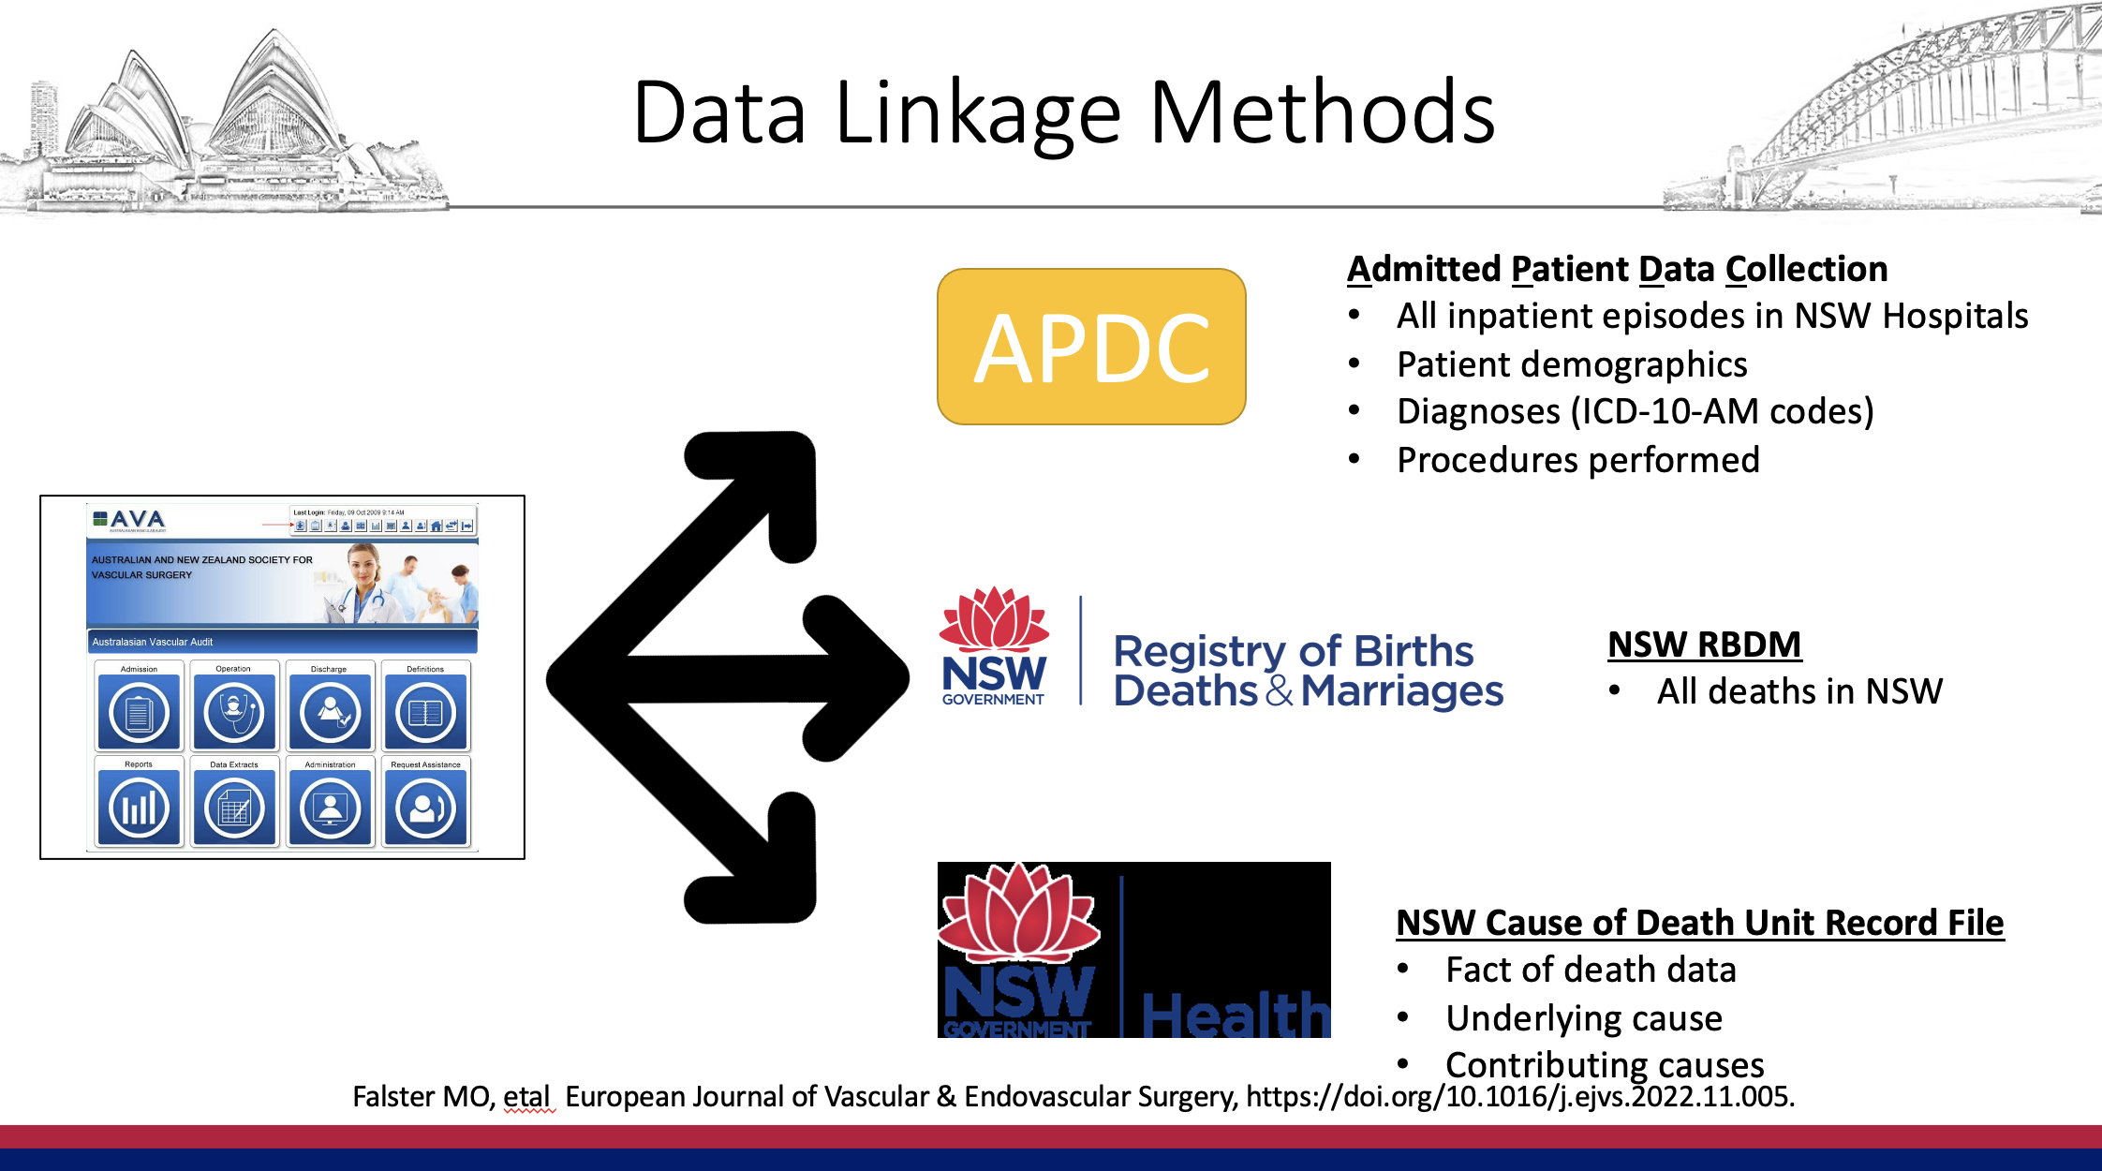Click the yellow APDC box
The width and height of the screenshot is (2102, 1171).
pos(1091,347)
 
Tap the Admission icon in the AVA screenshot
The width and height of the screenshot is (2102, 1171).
pos(139,713)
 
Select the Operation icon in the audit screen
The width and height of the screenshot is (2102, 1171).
pos(234,713)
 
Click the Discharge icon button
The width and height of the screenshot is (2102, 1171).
pos(330,713)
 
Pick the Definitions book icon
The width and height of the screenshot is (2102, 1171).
pos(425,713)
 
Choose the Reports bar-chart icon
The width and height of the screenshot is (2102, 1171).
pos(139,808)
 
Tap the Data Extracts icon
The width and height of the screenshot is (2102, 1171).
pos(234,808)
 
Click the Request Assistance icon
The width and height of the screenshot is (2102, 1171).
pos(425,808)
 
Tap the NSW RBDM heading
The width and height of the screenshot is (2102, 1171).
pos(1704,645)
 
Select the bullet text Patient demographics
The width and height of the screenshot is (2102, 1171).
pos(1571,364)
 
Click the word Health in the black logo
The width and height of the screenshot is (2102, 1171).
pos(1235,1015)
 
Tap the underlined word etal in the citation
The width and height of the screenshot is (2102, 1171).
pos(525,1096)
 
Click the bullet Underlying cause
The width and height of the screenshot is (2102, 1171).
pos(1583,1018)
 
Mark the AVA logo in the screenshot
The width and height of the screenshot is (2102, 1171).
pos(129,519)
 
